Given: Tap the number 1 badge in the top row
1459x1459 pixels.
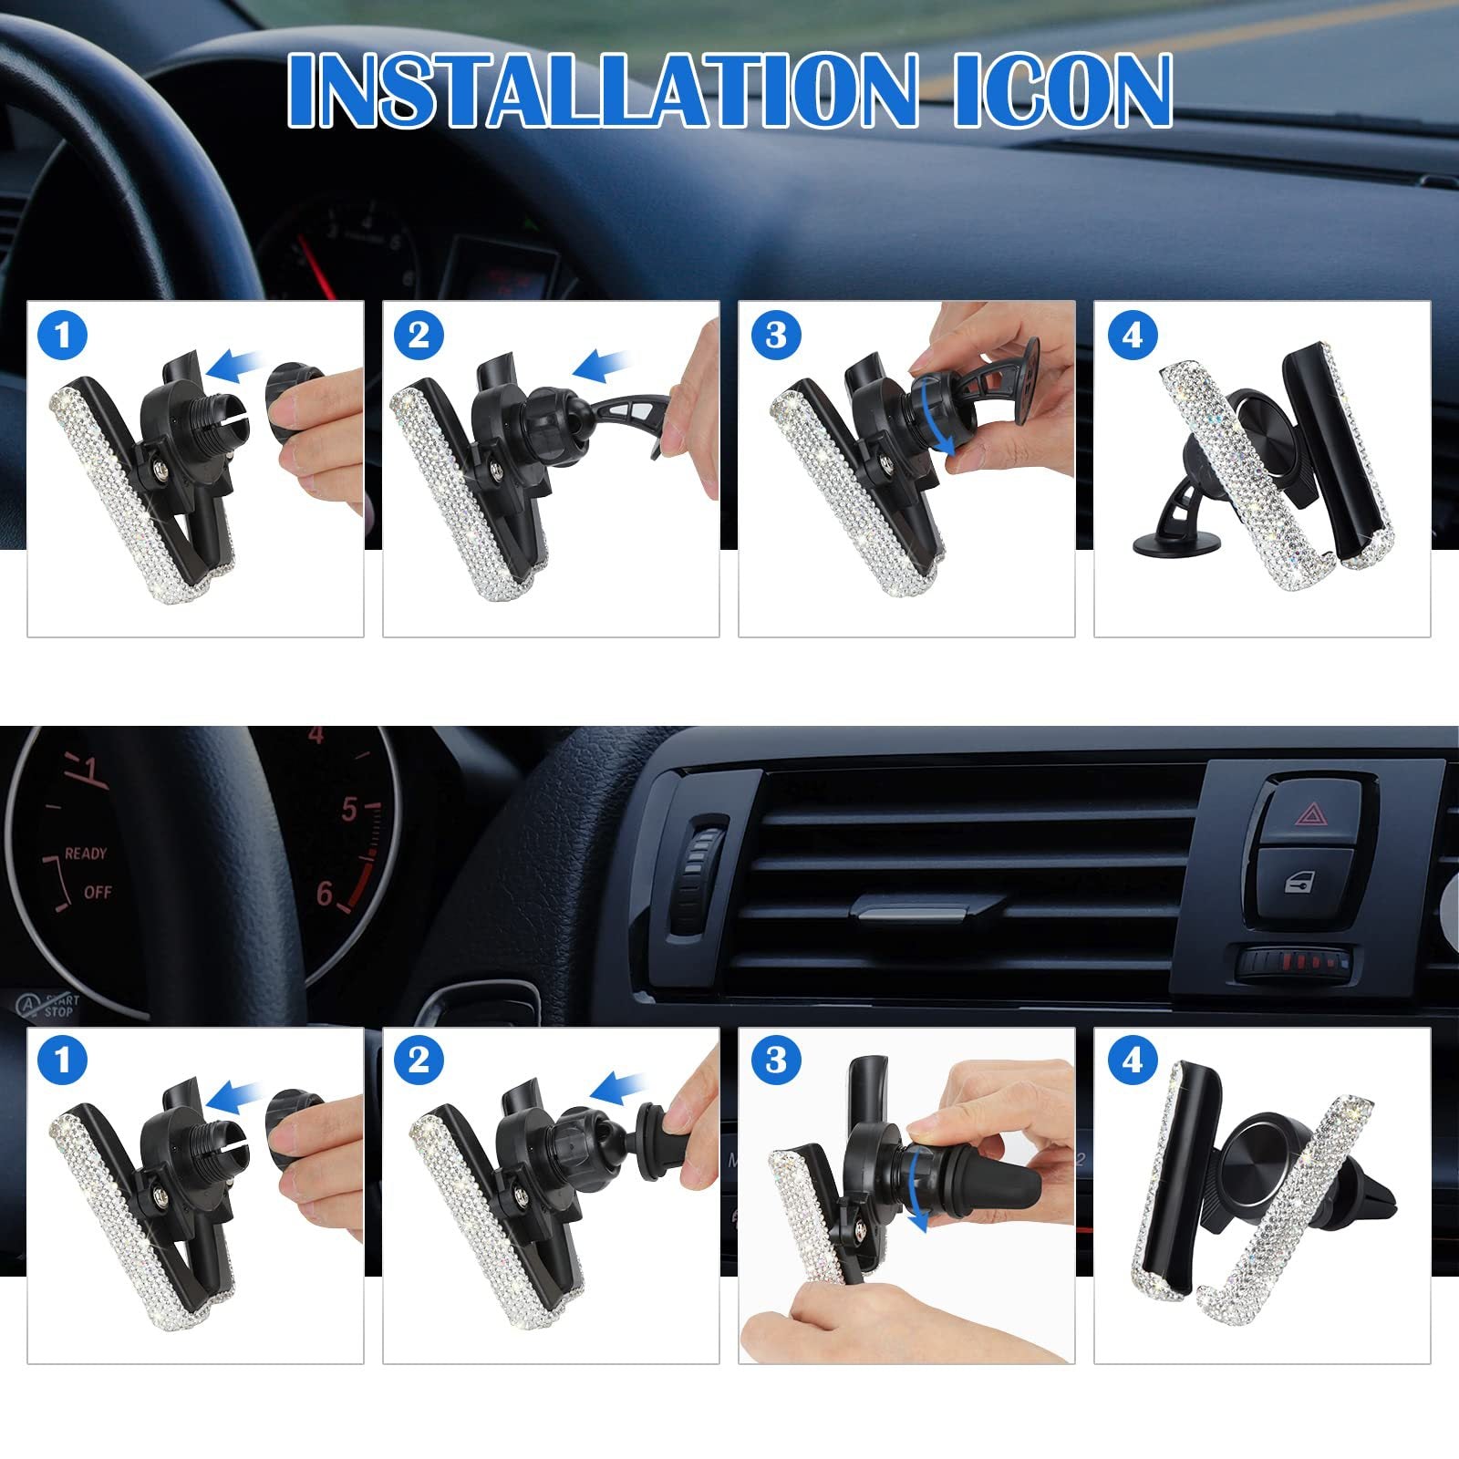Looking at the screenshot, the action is pyautogui.click(x=63, y=335).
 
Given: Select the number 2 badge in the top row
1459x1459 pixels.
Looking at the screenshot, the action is pyautogui.click(x=419, y=335).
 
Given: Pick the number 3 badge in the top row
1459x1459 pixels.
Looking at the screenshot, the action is pyautogui.click(x=775, y=335).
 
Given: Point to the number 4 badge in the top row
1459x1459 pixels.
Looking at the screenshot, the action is pyautogui.click(x=1132, y=335).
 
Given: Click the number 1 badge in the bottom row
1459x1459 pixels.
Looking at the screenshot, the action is pyautogui.click(x=63, y=1060).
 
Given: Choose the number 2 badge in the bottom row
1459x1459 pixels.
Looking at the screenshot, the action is pyautogui.click(x=419, y=1060).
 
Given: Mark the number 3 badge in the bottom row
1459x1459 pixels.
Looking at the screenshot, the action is pyautogui.click(x=775, y=1060).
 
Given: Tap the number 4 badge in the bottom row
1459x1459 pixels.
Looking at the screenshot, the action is pyautogui.click(x=1132, y=1060).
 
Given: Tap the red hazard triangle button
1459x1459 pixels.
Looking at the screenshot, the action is pyautogui.click(x=1312, y=812).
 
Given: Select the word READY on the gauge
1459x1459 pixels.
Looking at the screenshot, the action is pyautogui.click(x=86, y=854).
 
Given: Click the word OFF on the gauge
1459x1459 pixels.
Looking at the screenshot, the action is pyautogui.click(x=98, y=892).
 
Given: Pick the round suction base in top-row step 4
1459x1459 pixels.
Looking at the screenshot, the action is pyautogui.click(x=1176, y=543).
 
